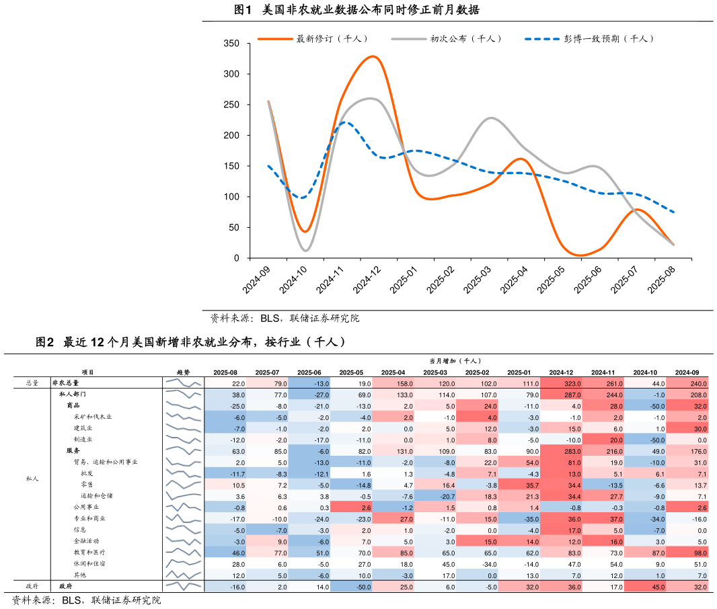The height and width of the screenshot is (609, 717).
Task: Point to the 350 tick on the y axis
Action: (231, 44)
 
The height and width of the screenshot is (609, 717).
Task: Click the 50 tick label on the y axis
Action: (234, 228)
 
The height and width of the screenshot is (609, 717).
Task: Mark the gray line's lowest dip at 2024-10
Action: (306, 251)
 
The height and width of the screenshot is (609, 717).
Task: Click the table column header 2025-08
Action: (225, 372)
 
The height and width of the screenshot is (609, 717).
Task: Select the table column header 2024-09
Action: (687, 372)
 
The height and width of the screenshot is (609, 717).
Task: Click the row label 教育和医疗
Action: (89, 552)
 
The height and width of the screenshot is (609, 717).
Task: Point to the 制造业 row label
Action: (83, 439)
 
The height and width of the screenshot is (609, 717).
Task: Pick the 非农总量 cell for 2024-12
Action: (560, 382)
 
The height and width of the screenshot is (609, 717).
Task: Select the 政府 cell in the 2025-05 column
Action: (350, 586)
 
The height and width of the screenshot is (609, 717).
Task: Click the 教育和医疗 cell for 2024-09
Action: (687, 552)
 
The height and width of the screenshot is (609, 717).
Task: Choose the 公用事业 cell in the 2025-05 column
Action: (350, 507)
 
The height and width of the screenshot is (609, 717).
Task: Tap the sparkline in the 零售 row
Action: (184, 484)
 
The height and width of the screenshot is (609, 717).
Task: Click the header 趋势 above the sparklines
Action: (184, 372)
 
